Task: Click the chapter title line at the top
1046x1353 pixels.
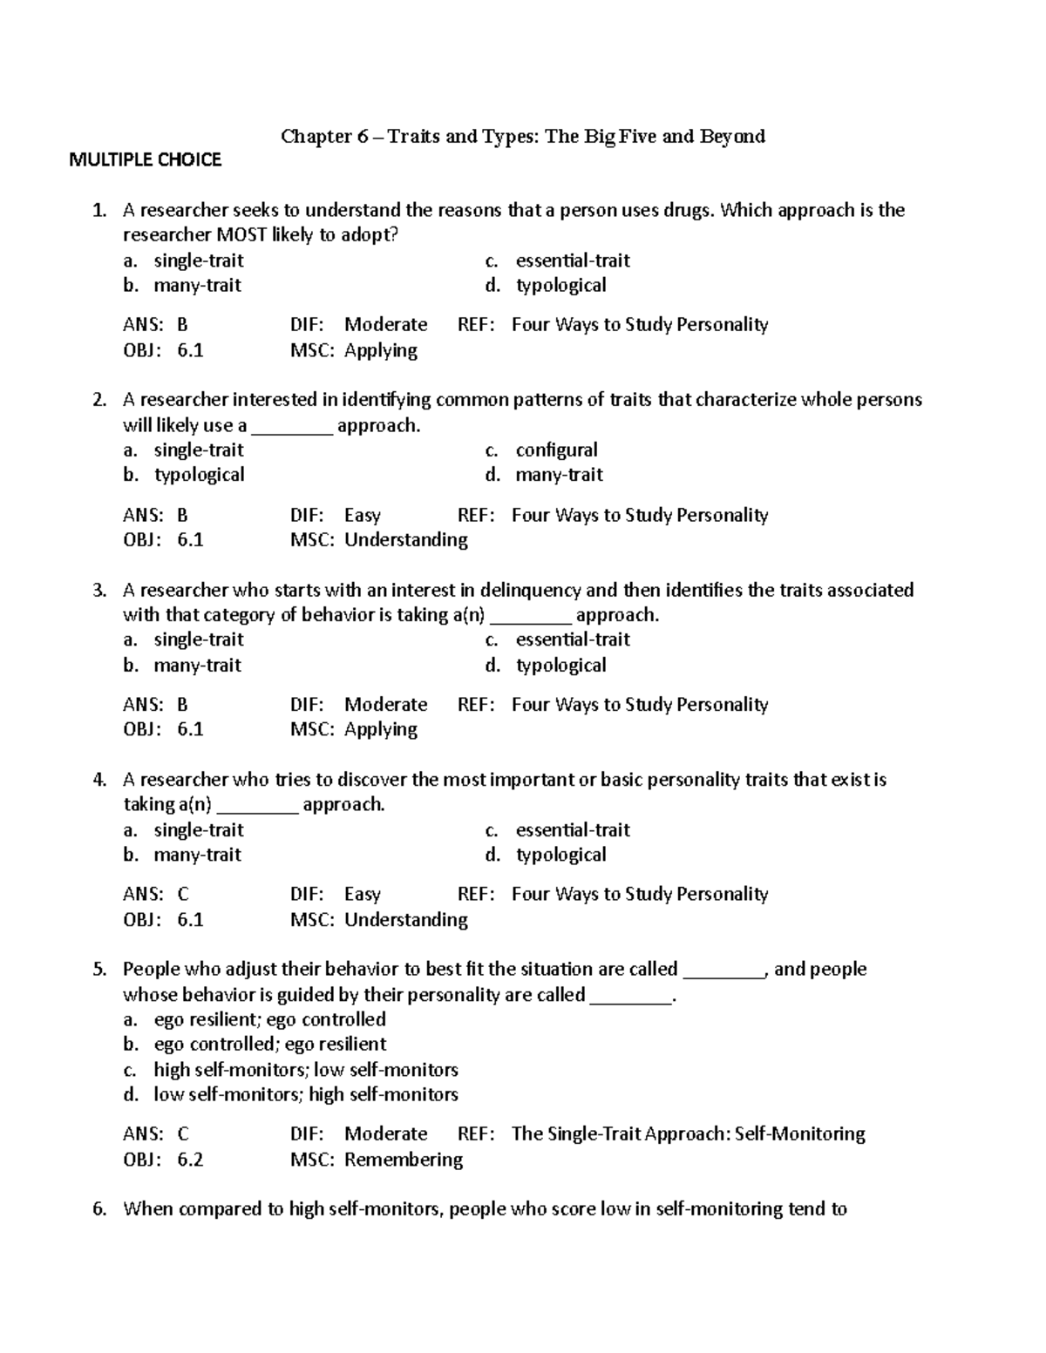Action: [x=522, y=136]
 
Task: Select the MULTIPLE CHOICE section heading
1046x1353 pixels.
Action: [x=146, y=159]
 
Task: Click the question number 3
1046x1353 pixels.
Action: [x=99, y=590]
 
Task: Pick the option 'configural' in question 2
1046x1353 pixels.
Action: [x=556, y=450]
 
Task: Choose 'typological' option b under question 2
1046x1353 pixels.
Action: [x=199, y=475]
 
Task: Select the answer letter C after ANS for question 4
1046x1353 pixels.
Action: [x=183, y=894]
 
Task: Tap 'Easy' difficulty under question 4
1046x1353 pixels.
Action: [x=363, y=894]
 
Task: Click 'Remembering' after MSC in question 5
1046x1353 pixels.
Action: [x=404, y=1160]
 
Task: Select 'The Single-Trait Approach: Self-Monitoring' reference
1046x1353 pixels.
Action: [x=688, y=1133]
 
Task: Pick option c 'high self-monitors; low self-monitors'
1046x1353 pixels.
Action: [x=305, y=1069]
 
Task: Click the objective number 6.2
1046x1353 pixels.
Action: [x=190, y=1160]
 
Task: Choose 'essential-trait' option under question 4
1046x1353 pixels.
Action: [x=573, y=829]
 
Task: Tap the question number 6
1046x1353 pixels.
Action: [x=99, y=1208]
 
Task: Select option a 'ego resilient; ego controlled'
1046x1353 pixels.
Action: [x=269, y=1019]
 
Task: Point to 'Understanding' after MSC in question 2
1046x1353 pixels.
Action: [x=406, y=540]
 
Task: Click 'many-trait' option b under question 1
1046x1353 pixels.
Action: [x=197, y=285]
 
